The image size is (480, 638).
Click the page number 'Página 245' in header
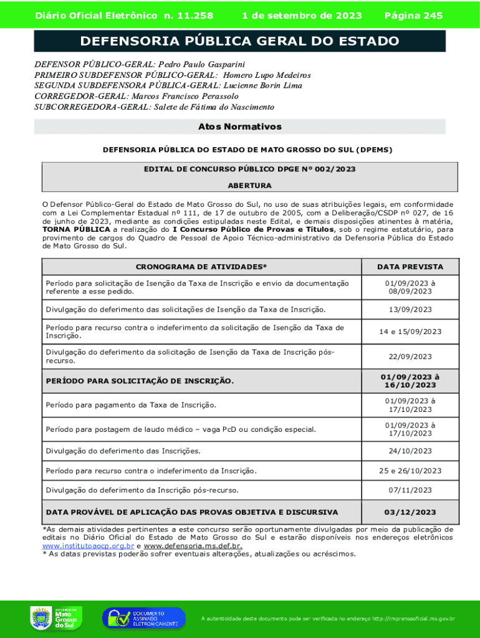pyautogui.click(x=414, y=16)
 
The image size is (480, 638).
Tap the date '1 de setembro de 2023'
pyautogui.click(x=302, y=16)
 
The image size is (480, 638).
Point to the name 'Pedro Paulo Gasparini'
pyautogui.click(x=202, y=64)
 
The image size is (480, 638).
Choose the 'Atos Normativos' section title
pyautogui.click(x=240, y=127)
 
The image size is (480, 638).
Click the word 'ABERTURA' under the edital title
pyautogui.click(x=249, y=186)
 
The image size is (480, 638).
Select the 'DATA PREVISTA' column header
pyautogui.click(x=410, y=267)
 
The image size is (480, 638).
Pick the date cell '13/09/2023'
pyautogui.click(x=410, y=310)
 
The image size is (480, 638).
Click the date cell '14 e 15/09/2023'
pyautogui.click(x=410, y=331)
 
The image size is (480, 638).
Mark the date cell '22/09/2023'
pyautogui.click(x=410, y=356)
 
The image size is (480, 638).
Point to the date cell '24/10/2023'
pyautogui.click(x=410, y=451)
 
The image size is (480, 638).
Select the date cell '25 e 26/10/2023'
pyautogui.click(x=410, y=471)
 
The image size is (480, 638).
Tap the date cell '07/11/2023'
pyautogui.click(x=410, y=491)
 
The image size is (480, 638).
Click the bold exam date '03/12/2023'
pyautogui.click(x=410, y=512)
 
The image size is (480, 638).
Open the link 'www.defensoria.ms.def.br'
pyautogui.click(x=193, y=546)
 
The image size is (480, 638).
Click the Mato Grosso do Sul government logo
pyautogui.click(x=54, y=618)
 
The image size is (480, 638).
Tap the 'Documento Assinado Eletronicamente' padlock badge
pyautogui.click(x=144, y=618)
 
